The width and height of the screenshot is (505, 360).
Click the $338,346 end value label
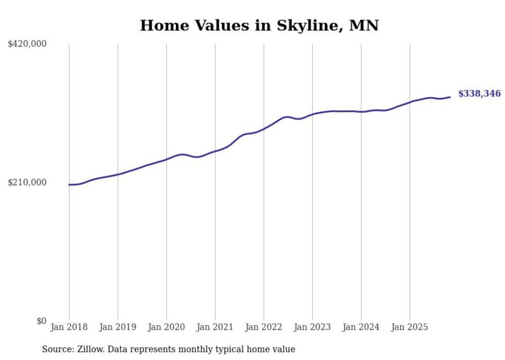[x=479, y=94]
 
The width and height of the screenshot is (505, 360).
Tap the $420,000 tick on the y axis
[x=27, y=44]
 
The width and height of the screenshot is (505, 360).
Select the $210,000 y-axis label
[x=27, y=182]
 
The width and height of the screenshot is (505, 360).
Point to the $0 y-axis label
[x=41, y=321]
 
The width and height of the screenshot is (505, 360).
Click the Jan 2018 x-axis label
[x=69, y=327]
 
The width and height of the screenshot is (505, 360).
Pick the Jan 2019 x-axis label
[x=117, y=327]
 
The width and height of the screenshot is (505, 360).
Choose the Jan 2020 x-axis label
[x=166, y=327]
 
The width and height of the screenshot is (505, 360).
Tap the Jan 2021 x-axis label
[x=215, y=327]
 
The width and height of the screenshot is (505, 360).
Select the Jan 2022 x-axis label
[x=264, y=327]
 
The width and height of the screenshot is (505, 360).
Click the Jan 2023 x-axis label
[x=312, y=327]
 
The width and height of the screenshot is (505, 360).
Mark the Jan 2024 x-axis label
[x=361, y=327]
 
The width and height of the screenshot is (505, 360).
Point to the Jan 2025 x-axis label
[x=410, y=327]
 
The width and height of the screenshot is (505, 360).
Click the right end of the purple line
[x=450, y=97]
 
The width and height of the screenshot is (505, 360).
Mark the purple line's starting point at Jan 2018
[x=69, y=184]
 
